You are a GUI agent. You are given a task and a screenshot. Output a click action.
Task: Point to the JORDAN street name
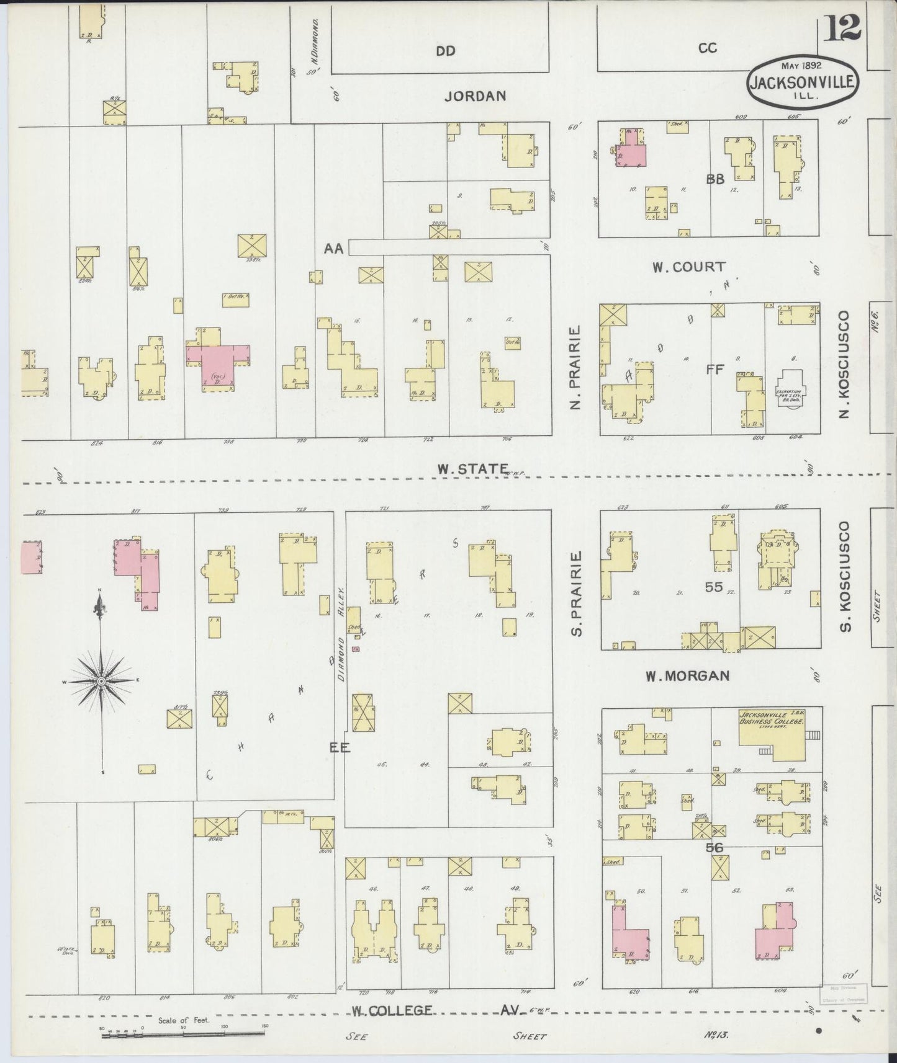coord(476,96)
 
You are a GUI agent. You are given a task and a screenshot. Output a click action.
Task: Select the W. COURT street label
coord(688,267)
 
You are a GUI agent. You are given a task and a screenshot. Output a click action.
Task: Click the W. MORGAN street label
coord(687,675)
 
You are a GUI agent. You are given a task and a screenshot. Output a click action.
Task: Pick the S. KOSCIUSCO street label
coord(844,576)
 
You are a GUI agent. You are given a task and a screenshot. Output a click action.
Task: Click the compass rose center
coord(101,681)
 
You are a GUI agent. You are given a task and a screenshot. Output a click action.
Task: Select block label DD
coord(445,51)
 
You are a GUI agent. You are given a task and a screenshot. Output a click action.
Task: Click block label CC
coord(708,47)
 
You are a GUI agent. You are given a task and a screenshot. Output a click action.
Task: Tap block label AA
coord(333,248)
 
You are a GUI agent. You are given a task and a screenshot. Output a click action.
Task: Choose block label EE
coord(340,748)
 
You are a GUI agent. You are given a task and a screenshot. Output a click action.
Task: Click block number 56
coord(714,847)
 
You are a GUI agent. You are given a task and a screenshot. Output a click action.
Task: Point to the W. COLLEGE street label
coord(391,1011)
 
